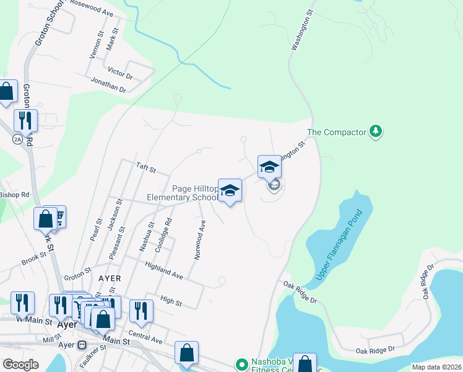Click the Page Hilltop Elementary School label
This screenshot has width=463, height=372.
point(183,193)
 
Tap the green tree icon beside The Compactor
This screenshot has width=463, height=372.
point(375,131)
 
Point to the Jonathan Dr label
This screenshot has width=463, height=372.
point(108,86)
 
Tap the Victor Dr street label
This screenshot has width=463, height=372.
point(120,73)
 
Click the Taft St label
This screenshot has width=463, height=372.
point(145,168)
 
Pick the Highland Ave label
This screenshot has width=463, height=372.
point(164,270)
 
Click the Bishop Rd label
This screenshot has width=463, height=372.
point(14,194)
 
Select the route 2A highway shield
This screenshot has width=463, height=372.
point(17,139)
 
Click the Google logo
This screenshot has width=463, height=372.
point(21,364)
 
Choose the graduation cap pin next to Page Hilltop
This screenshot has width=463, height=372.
point(230,190)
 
